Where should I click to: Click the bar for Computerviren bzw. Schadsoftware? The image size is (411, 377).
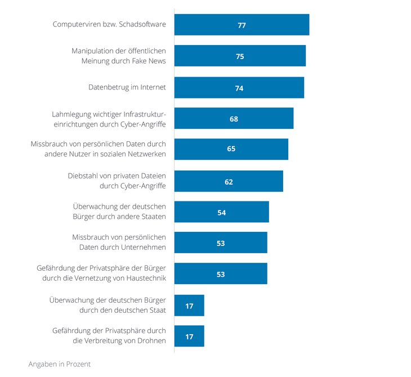click(242, 25)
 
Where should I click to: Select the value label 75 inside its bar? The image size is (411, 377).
click(240, 57)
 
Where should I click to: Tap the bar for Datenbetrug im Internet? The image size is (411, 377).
click(239, 88)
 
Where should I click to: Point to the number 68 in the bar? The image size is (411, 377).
click(234, 119)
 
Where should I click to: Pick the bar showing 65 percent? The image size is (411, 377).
click(231, 149)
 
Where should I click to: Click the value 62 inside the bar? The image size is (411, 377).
click(229, 182)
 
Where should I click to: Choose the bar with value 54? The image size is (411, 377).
click(221, 212)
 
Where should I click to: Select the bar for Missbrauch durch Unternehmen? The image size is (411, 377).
click(221, 243)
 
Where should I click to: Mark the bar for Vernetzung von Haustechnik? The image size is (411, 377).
click(221, 274)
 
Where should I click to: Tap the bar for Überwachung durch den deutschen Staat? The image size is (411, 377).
click(189, 306)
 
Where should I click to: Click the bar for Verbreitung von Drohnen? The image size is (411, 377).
click(189, 336)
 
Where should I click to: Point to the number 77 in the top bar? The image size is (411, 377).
click(242, 25)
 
